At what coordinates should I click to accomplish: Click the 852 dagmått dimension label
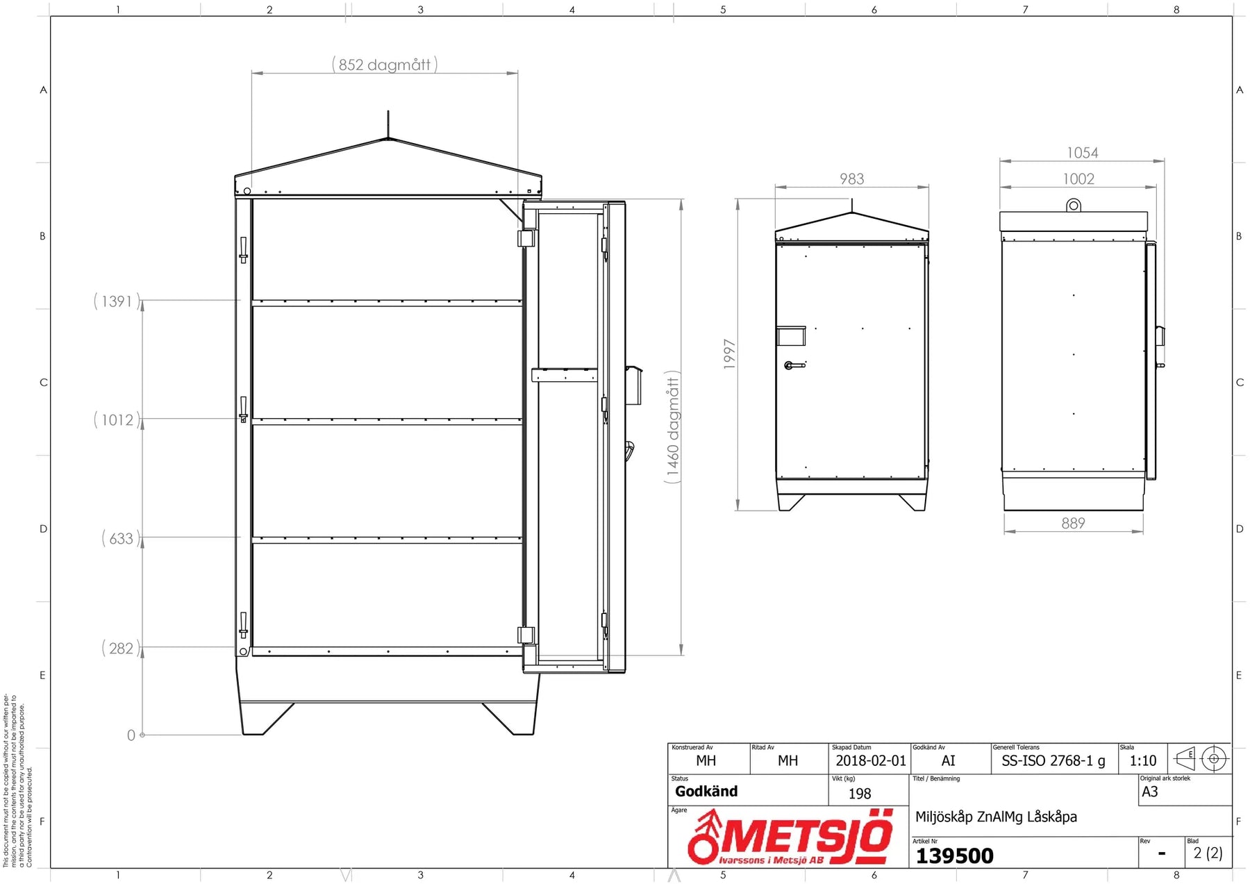(385, 65)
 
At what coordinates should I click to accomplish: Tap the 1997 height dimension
(729, 354)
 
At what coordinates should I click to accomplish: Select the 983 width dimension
(852, 179)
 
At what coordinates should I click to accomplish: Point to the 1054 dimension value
(1083, 153)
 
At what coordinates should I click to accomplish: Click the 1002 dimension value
(1078, 179)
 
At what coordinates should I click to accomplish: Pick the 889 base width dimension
(1073, 523)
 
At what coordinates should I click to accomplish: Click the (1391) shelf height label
(117, 301)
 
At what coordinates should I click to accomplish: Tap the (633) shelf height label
(121, 539)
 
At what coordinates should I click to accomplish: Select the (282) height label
(121, 649)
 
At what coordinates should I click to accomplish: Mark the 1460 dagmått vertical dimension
(673, 427)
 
